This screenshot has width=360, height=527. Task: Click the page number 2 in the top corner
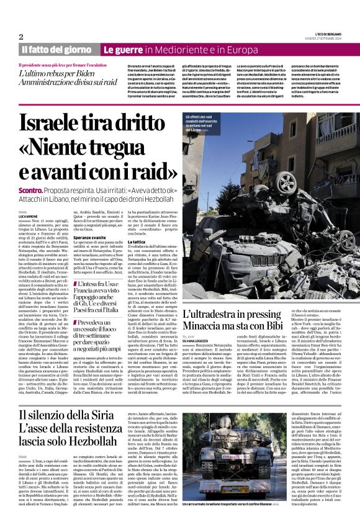[x=20, y=37]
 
